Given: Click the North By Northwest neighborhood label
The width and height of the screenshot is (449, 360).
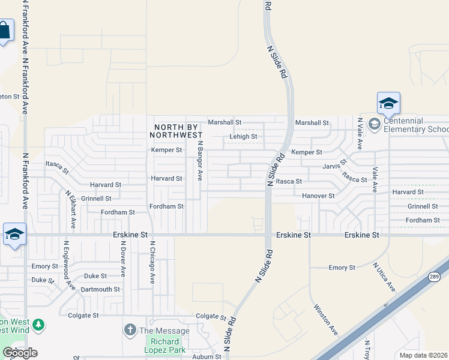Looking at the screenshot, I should (178, 131).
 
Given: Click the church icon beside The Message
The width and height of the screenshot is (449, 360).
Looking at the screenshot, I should (129, 330).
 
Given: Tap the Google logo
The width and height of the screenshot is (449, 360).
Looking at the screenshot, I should (20, 353).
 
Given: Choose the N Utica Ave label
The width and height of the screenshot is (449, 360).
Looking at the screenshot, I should (384, 277).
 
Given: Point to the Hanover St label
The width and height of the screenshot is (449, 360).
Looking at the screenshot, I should (318, 196).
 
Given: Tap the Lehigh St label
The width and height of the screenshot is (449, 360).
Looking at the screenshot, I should (243, 137).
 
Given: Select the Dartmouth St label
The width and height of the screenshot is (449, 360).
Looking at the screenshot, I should (100, 289).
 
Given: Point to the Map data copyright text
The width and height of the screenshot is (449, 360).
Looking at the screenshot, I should (424, 355).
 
